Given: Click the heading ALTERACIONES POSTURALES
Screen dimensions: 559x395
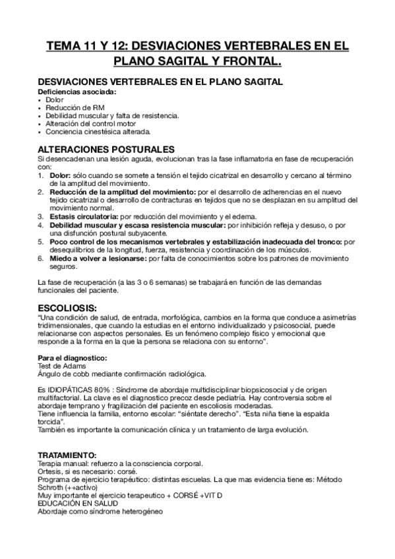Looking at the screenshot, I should coord(106,149).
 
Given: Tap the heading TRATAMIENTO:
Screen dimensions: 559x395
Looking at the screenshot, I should coord(67,455).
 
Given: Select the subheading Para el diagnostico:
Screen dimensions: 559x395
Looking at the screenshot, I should coord(72,357).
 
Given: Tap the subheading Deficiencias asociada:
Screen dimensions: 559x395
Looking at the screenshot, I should coord(76,91).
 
